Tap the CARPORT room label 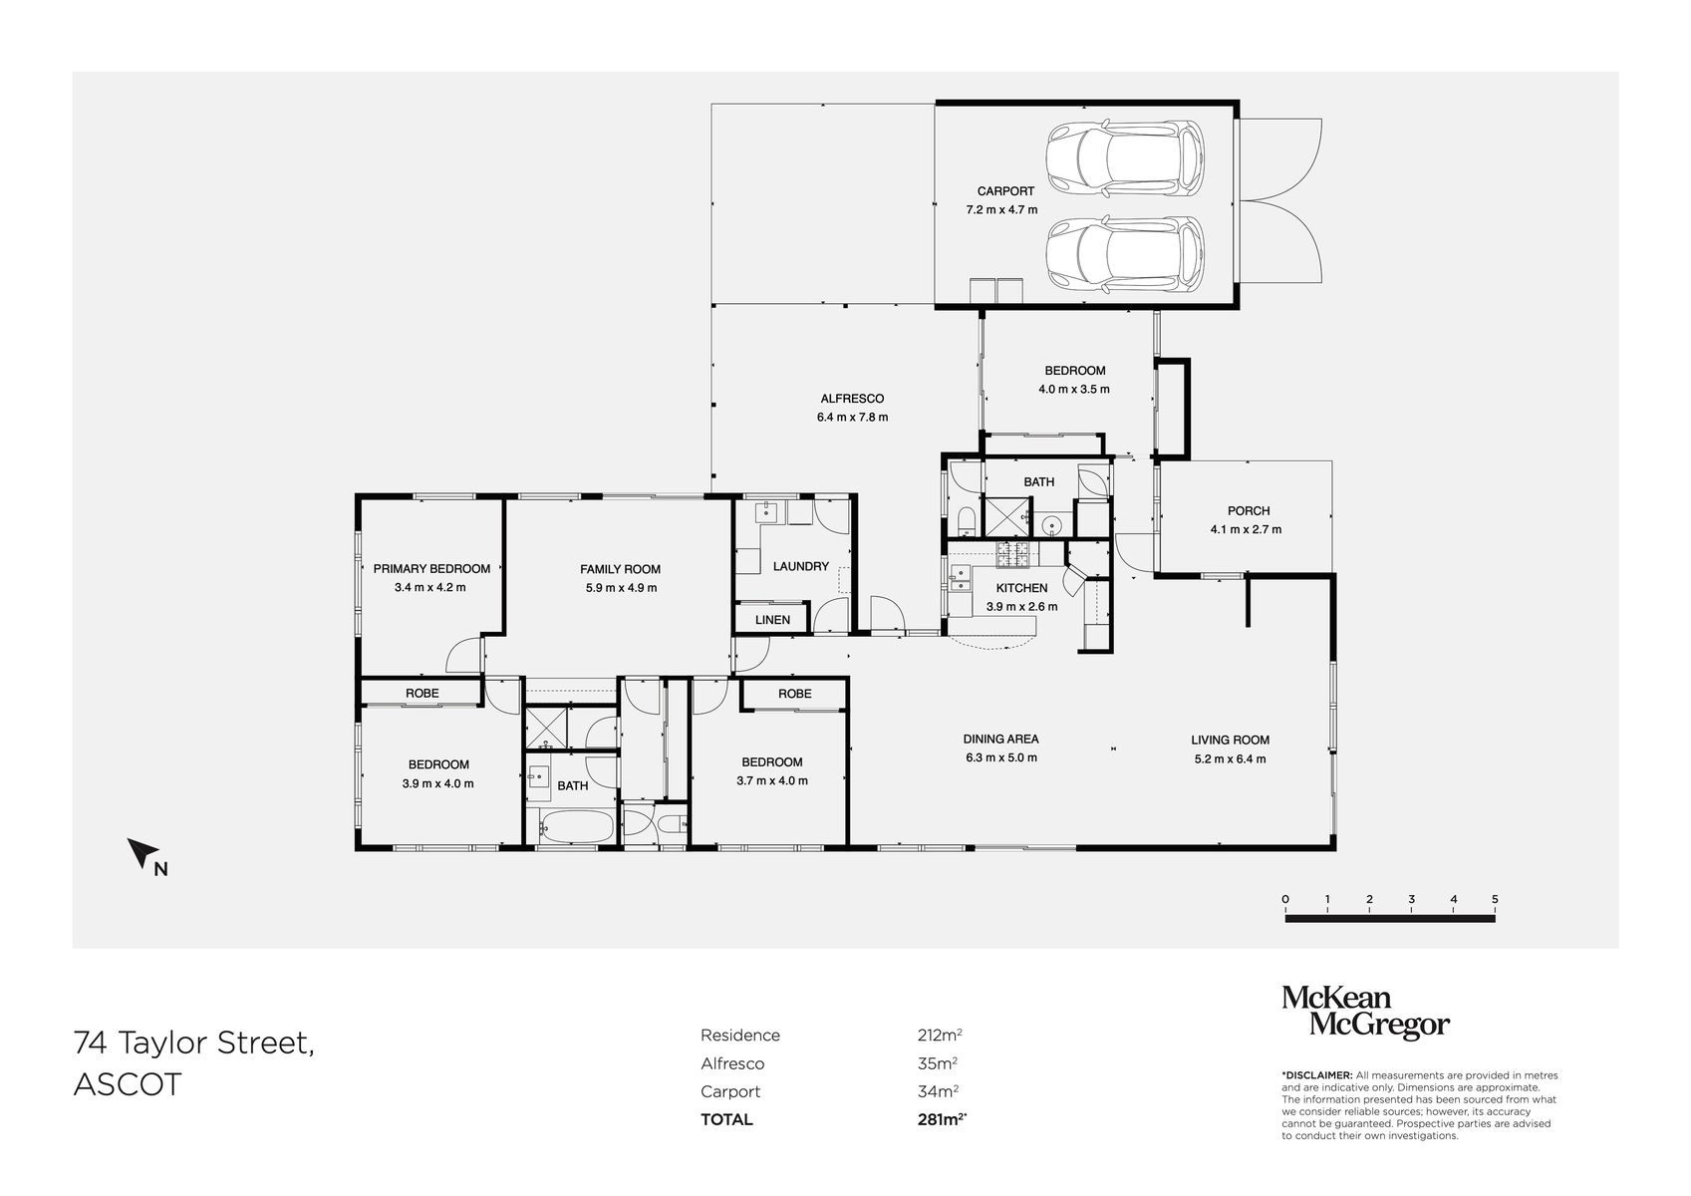1004,190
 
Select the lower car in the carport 1124,253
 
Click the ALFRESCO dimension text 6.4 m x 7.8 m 851,417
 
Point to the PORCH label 1248,510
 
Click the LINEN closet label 772,619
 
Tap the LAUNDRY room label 800,566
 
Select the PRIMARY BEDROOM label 431,568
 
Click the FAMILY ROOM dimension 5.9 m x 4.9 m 621,587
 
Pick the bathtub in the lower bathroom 575,825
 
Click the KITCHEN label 1021,588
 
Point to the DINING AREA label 1000,739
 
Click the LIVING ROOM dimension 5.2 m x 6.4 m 1230,758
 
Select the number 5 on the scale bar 1495,898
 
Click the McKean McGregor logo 1364,1013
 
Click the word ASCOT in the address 128,1084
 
